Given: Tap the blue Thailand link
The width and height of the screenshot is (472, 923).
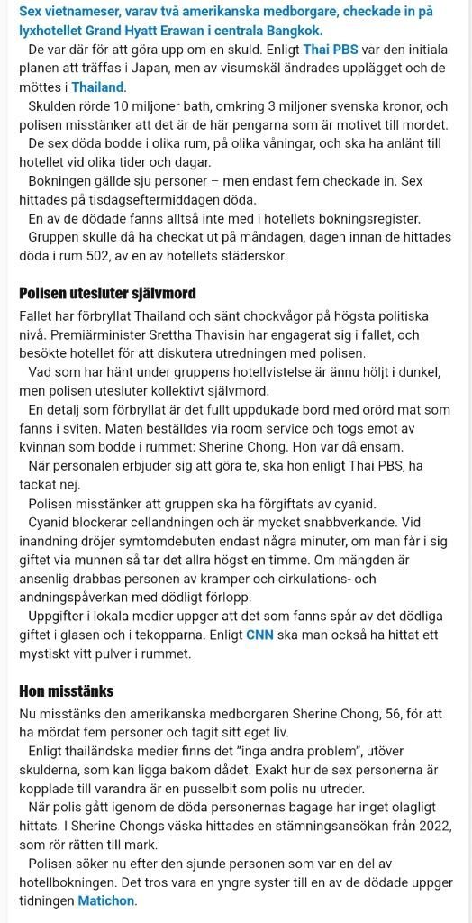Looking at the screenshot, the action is coord(98,87).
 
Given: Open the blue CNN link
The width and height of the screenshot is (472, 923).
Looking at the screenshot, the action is coord(261,635).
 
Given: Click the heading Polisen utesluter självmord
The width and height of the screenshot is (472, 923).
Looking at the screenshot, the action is coord(107,293).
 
